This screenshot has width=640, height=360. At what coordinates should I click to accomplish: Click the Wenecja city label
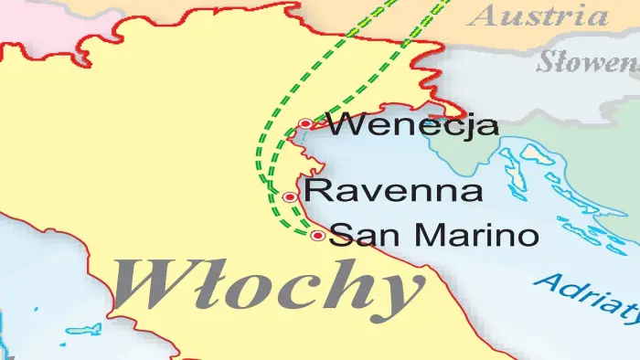coord(412,124)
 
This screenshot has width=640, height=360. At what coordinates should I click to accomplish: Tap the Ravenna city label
coord(394,192)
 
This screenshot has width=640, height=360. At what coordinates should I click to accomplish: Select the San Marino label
coord(433,235)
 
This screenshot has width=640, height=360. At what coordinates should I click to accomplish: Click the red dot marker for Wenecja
coord(305,124)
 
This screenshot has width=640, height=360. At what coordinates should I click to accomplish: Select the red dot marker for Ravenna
coord(290,196)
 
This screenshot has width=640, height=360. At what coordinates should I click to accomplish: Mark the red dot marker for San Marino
coord(317,236)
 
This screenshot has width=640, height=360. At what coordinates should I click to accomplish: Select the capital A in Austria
coord(486,16)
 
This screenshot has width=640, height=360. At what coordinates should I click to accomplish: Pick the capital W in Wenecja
coord(344,124)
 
